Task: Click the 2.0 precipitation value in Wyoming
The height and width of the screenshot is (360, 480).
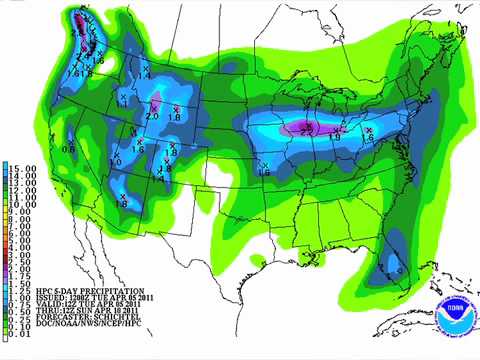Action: coord(152,117)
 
